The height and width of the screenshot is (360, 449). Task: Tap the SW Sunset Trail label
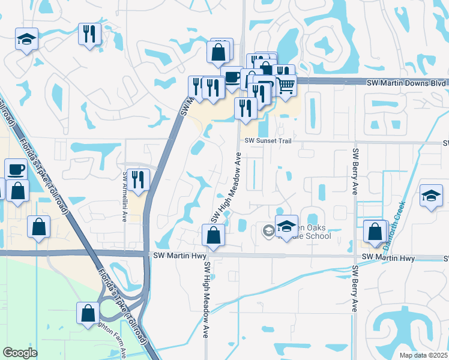[268, 140]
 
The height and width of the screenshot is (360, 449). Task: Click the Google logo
[20, 352]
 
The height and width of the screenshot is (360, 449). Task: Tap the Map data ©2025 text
[423, 355]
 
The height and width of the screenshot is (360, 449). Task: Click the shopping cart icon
[286, 85]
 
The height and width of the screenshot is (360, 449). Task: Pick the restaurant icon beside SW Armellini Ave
[139, 179]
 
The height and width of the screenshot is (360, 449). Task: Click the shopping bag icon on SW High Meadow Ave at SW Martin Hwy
[213, 235]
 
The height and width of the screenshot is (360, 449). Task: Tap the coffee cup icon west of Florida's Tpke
[16, 169]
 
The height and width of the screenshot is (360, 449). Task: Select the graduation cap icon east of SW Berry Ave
[431, 196]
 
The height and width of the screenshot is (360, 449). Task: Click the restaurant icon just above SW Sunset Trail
[245, 108]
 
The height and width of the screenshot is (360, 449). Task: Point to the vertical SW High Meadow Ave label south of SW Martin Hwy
[205, 298]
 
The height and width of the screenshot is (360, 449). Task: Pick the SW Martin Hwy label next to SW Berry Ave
[390, 258]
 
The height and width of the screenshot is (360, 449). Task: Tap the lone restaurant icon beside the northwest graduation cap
[89, 34]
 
